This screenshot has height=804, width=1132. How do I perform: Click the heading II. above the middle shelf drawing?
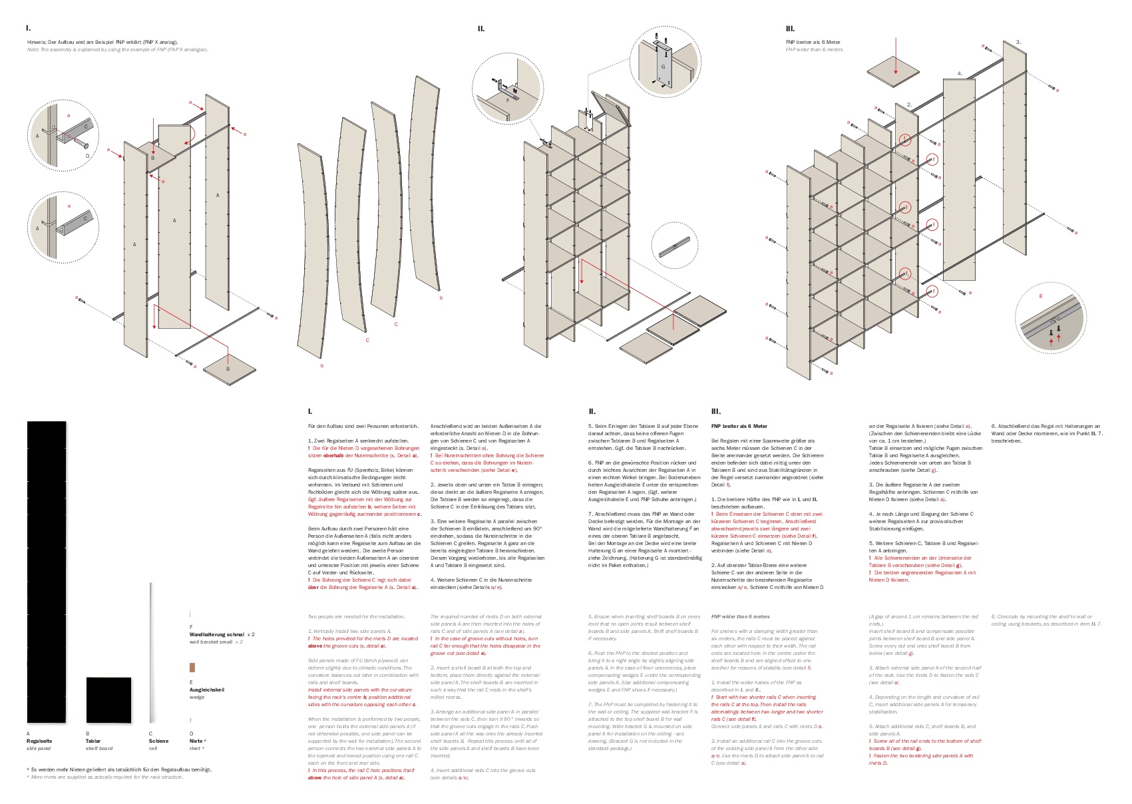[481, 29]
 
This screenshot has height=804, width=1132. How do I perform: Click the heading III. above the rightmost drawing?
[790, 29]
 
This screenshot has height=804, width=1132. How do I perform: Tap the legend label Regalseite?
[39, 741]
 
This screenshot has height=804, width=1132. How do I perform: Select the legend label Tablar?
[93, 741]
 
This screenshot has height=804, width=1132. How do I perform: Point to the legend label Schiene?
[158, 741]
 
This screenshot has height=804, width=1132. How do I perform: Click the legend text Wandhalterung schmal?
[217, 634]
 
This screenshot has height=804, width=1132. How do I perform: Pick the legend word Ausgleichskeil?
[207, 690]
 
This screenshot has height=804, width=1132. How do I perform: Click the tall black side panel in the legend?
[47, 572]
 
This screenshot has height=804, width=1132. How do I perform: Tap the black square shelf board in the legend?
[108, 700]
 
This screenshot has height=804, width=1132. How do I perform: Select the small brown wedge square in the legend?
[192, 667]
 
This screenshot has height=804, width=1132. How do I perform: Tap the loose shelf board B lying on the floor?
[229, 370]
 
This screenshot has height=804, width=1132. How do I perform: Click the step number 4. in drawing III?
[960, 73]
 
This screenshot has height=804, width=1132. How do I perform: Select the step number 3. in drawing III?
[1018, 42]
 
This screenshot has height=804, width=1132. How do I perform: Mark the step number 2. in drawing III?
[909, 104]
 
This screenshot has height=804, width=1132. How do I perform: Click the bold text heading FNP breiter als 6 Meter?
[739, 426]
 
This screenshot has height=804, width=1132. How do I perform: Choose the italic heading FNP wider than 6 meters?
[740, 616]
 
